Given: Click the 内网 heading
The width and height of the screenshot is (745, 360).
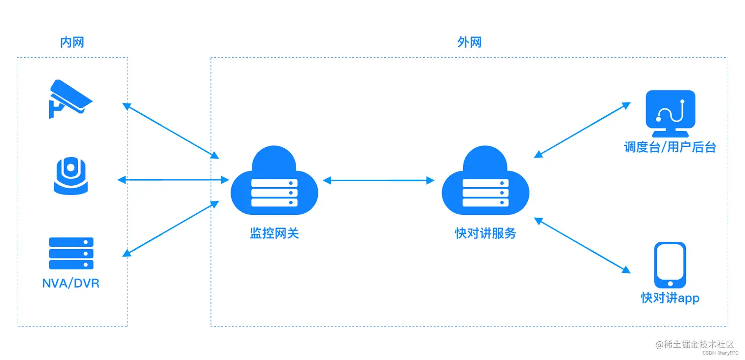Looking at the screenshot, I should pos(72,42).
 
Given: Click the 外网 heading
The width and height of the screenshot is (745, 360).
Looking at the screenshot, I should pos(469,42).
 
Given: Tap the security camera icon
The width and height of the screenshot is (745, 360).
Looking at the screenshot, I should pos(70,98).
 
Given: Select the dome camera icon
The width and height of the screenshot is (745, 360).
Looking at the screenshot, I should pos(71,175).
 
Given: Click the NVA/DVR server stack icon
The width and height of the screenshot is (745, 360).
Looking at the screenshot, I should pos(71,253).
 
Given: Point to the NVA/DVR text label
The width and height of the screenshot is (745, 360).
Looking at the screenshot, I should pos(71,284).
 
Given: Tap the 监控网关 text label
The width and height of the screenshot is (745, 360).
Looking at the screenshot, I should pos(274,233).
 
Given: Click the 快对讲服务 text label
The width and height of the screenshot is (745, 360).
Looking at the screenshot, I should pos(485,233).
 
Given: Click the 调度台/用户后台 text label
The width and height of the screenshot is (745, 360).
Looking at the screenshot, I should pos(670,147).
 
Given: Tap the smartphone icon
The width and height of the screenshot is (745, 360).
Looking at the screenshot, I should pos(670,265).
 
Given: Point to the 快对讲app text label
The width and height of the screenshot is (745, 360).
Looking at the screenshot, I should pos(670,298).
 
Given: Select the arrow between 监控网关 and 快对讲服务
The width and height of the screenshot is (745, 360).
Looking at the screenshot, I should pos(378,181).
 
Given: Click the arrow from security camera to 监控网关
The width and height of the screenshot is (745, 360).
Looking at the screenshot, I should pos(170,131).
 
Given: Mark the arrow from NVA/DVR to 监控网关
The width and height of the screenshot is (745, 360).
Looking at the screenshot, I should pos(170,229).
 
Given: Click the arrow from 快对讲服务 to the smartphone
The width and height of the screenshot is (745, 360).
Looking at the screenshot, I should pos(582,245).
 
